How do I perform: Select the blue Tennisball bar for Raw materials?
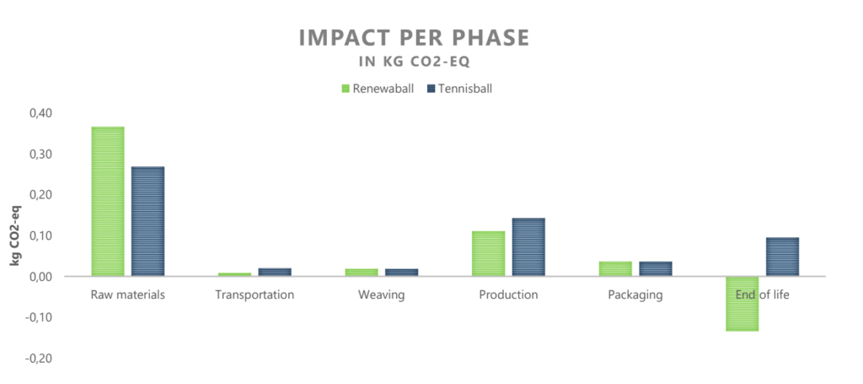click(x=147, y=221)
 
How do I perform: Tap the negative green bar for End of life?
click(x=742, y=304)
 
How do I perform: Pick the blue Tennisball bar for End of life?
click(x=782, y=257)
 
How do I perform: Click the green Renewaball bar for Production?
click(x=488, y=253)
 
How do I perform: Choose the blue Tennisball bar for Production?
click(x=528, y=246)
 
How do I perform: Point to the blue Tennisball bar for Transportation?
click(x=275, y=272)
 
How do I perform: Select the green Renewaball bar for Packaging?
click(x=615, y=268)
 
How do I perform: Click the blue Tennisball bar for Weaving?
click(x=401, y=272)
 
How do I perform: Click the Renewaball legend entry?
click(x=378, y=88)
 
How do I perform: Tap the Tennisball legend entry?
click(x=459, y=88)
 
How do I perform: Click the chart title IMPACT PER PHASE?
click(x=415, y=39)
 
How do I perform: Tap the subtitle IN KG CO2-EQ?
click(x=415, y=62)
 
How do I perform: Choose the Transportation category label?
click(x=255, y=295)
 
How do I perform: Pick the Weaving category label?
click(x=381, y=295)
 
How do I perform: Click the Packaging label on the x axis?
click(x=635, y=295)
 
